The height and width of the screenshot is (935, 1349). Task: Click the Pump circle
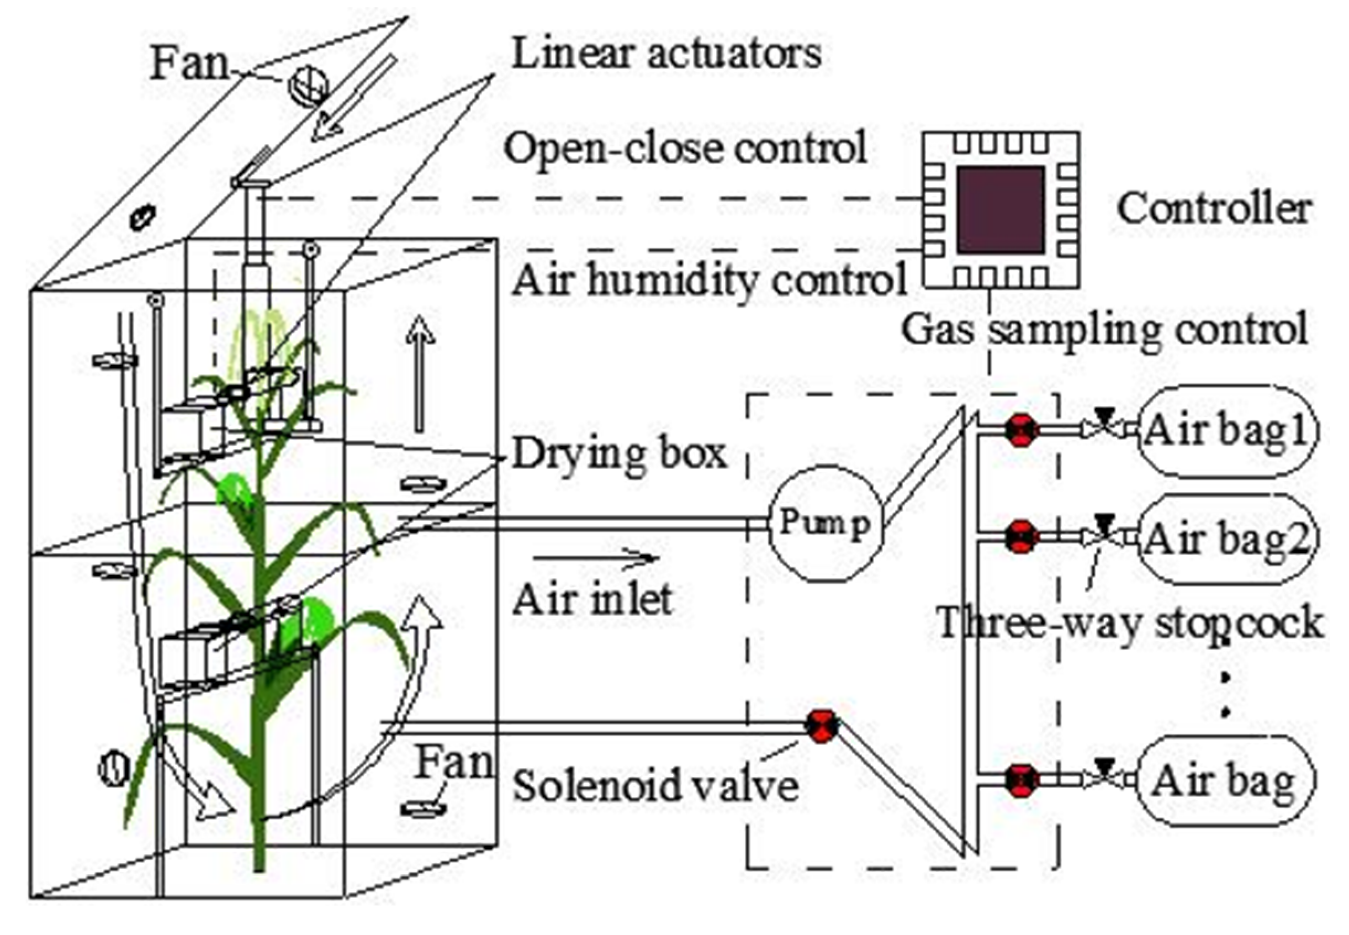(825, 523)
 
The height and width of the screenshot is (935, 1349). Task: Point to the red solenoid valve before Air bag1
(1022, 430)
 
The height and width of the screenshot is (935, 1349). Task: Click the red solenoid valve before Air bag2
(1022, 537)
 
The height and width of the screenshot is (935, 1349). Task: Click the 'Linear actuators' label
(666, 54)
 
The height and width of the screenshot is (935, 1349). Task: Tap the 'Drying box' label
(620, 454)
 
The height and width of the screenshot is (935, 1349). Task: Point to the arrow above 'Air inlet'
(596, 558)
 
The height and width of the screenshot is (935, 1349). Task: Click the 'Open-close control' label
(685, 148)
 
